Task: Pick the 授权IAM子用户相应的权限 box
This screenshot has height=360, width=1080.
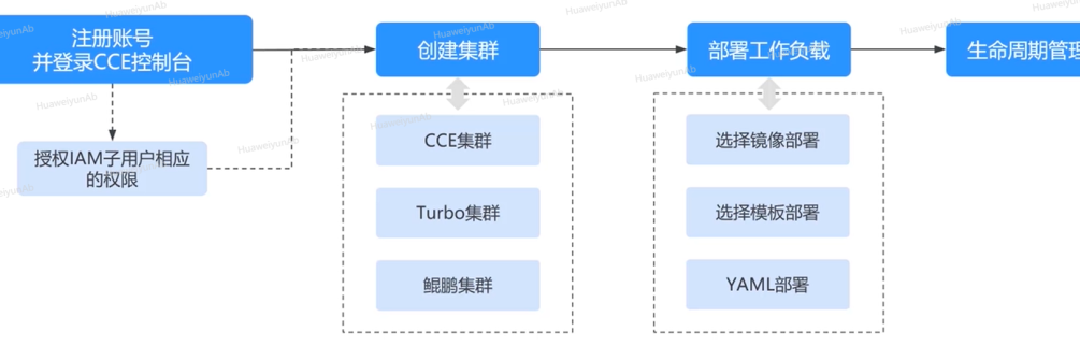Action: [x=112, y=169]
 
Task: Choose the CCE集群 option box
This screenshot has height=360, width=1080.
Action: [x=458, y=140]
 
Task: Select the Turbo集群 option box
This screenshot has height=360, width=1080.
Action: [x=458, y=212]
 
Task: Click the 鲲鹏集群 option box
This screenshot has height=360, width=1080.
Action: [x=458, y=285]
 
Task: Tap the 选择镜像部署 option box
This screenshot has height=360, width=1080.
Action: [x=768, y=140]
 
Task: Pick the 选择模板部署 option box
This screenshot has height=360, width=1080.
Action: [x=768, y=212]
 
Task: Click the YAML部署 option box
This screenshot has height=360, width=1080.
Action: [x=768, y=285]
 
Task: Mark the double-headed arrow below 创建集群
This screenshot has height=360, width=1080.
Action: [x=458, y=95]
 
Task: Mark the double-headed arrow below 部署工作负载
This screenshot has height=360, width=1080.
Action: [x=769, y=95]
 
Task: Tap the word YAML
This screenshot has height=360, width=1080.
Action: [x=748, y=285]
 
